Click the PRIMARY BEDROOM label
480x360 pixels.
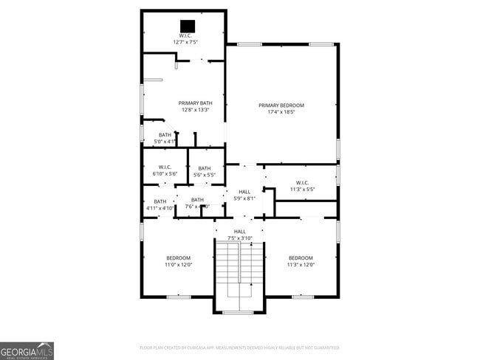tap(281, 105)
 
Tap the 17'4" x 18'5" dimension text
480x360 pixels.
tap(281, 112)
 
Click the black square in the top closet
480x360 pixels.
tap(186, 24)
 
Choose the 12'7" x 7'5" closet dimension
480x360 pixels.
tap(185, 42)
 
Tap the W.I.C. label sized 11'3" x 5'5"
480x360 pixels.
tap(302, 182)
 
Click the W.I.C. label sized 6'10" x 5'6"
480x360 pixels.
tap(165, 167)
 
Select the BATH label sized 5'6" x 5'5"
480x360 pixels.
tap(204, 168)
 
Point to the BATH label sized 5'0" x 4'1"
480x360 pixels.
tap(165, 134)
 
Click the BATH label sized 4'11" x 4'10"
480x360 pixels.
tap(160, 201)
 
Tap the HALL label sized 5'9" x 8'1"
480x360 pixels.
tap(244, 192)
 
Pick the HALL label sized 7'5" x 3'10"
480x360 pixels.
tap(240, 232)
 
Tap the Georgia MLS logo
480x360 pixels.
tap(27, 350)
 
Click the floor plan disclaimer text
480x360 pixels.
tap(239, 347)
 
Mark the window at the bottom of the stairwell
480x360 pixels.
tap(238, 312)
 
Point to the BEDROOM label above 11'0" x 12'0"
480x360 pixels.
tap(178, 257)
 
